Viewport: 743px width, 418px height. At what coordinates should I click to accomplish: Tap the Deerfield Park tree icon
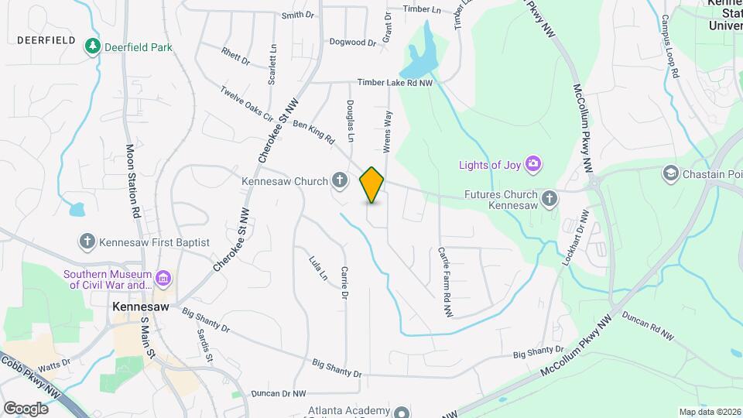(93, 47)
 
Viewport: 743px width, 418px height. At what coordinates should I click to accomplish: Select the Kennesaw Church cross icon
(339, 181)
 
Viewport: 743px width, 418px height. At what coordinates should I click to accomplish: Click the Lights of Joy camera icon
(532, 163)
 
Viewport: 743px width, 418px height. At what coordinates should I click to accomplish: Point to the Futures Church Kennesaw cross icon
(550, 199)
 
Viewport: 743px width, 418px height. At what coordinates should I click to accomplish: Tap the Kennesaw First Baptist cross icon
(87, 242)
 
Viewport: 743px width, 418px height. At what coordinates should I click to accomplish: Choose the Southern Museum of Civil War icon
(163, 278)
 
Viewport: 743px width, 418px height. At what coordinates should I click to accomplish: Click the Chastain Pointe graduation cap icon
(670, 174)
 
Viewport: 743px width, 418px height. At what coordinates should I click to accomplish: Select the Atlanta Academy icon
(402, 412)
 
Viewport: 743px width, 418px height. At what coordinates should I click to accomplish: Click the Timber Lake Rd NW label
(395, 83)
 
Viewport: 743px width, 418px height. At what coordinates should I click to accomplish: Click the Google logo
(26, 408)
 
